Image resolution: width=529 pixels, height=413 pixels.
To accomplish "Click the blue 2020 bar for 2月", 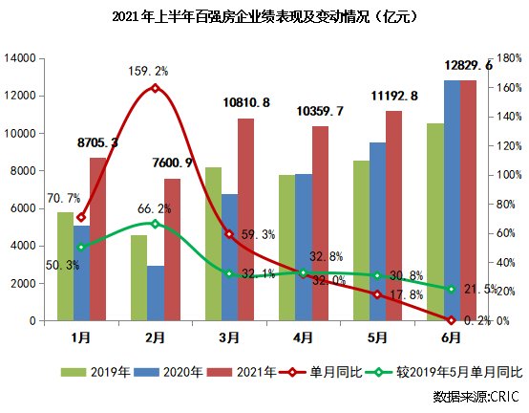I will click(x=155, y=293).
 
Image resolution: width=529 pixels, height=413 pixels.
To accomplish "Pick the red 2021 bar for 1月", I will click(x=97, y=239).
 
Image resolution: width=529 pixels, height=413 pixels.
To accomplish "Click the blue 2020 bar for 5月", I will click(x=378, y=231).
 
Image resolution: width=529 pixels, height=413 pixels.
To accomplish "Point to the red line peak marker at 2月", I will click(x=155, y=88).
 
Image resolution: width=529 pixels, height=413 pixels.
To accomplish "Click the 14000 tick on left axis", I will click(x=20, y=58).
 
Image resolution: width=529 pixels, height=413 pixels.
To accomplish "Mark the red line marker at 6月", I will click(x=451, y=320).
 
